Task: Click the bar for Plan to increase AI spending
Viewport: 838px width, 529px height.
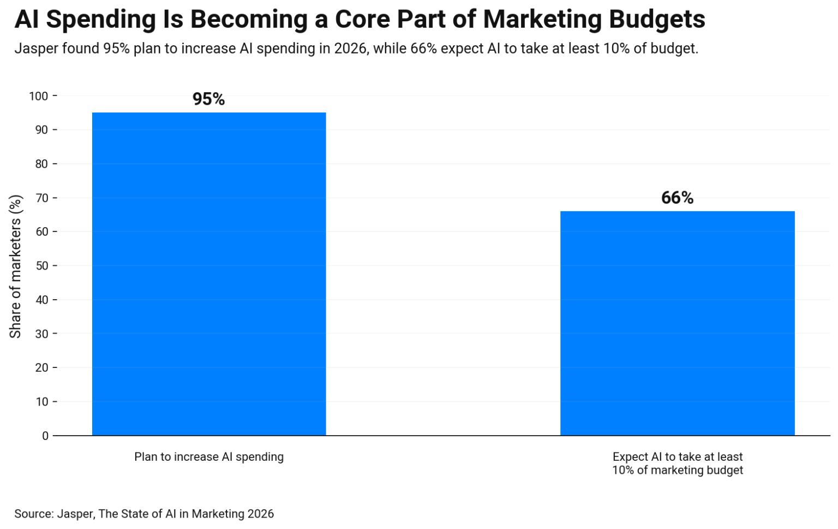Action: (209, 274)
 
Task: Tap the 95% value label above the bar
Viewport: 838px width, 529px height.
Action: (208, 99)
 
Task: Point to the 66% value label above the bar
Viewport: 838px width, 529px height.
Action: (677, 198)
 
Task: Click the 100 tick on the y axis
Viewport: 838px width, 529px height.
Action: (39, 96)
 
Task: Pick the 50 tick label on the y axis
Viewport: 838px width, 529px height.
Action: (41, 266)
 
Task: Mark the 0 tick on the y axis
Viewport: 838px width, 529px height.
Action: (45, 436)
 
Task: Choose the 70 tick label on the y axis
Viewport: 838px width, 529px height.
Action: (41, 198)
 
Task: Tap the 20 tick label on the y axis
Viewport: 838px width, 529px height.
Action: (41, 368)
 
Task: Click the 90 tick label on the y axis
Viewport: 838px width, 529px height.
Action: (41, 130)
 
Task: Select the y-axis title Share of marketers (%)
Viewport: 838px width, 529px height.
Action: (15, 266)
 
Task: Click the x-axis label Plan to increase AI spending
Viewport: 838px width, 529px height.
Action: (209, 457)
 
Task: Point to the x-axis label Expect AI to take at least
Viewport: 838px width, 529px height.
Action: (677, 457)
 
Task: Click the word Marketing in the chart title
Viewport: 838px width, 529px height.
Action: (542, 19)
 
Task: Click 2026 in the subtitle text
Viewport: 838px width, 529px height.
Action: (350, 49)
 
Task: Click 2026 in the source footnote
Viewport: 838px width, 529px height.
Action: (260, 514)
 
